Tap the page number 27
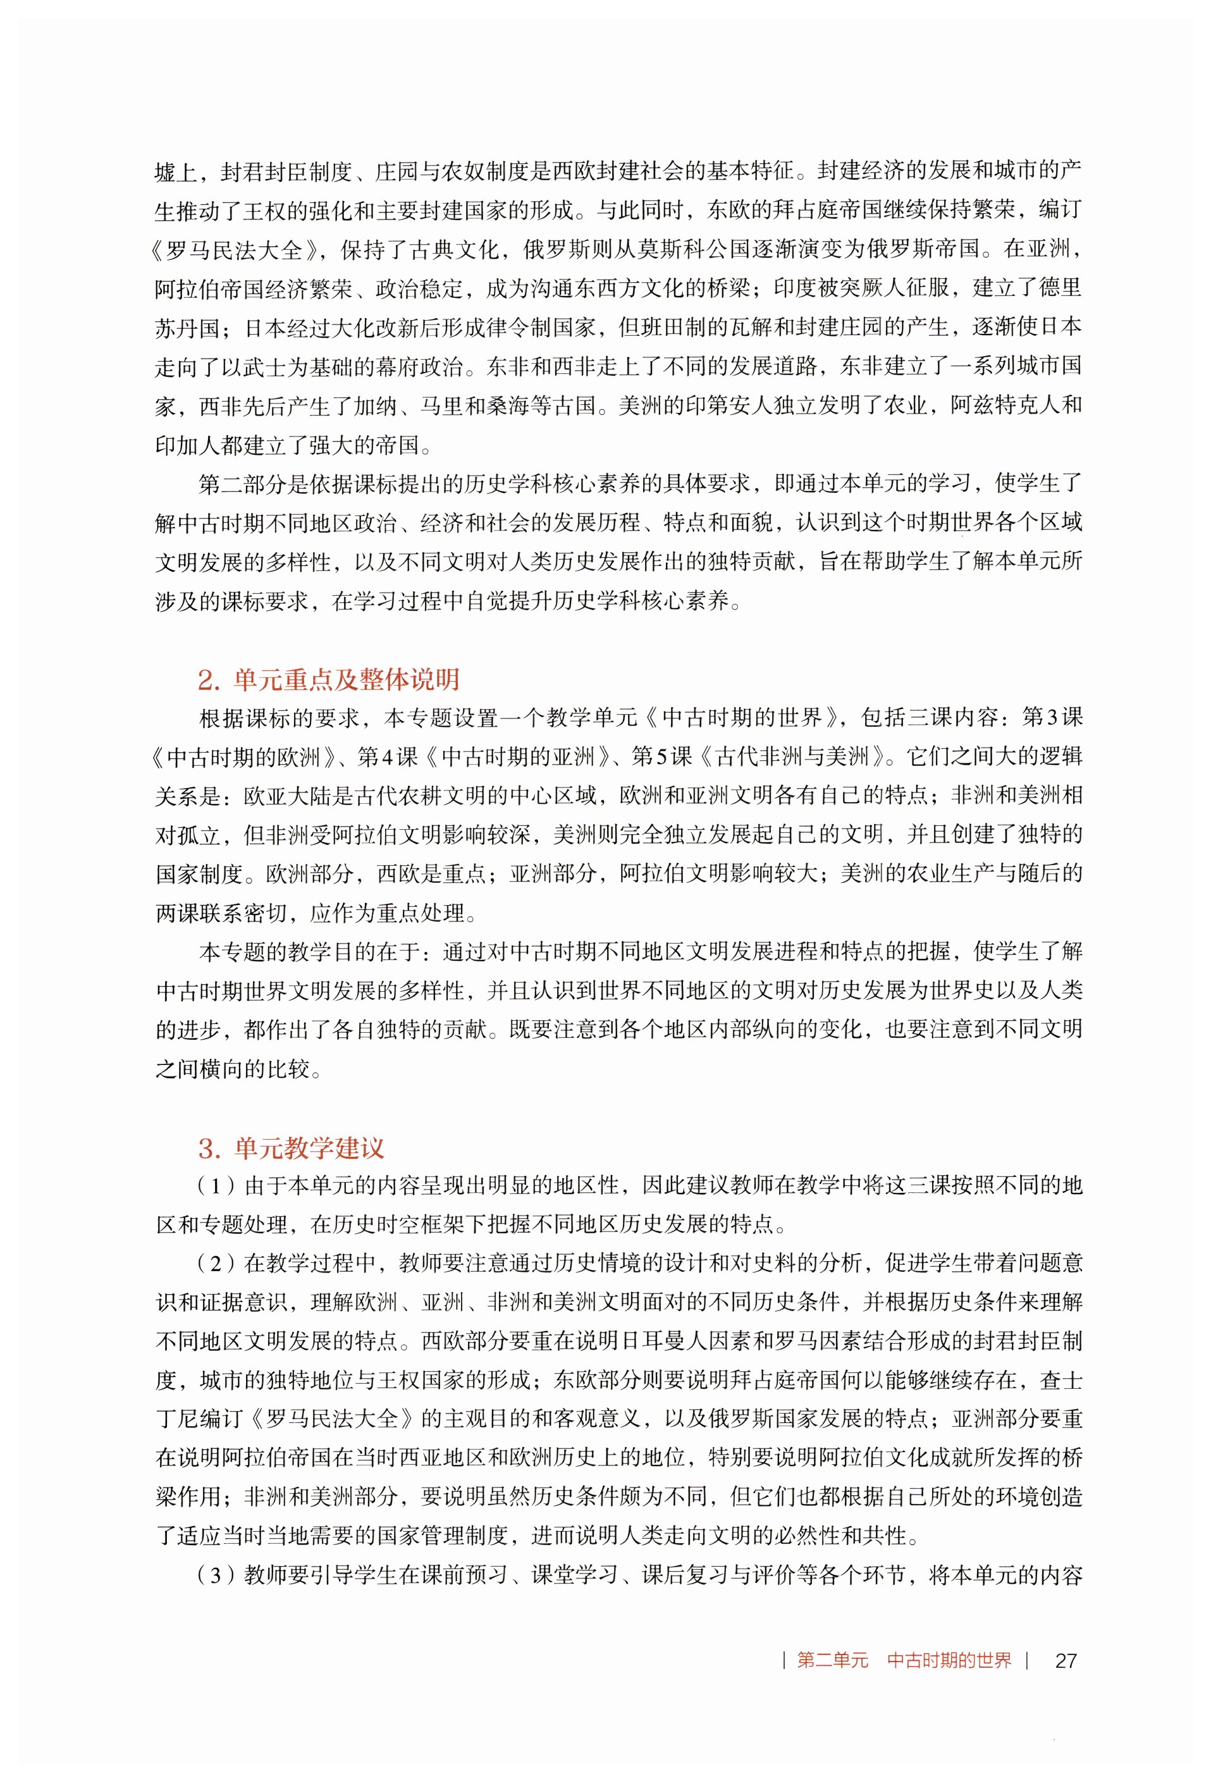(1066, 1660)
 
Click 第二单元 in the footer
(832, 1660)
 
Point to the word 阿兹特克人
(1005, 406)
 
